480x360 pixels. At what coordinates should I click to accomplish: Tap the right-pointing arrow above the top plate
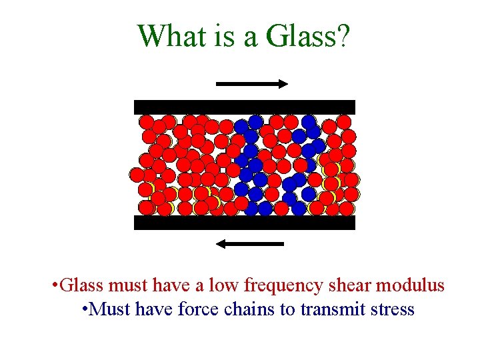coord(252,84)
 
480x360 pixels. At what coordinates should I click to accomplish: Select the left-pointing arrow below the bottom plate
coord(251,244)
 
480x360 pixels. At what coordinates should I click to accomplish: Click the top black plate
coord(245,107)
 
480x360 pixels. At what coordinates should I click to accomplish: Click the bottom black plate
coord(245,223)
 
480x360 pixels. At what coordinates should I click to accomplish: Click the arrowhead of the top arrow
coord(282,84)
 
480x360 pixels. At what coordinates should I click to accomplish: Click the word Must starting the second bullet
coord(107,310)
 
